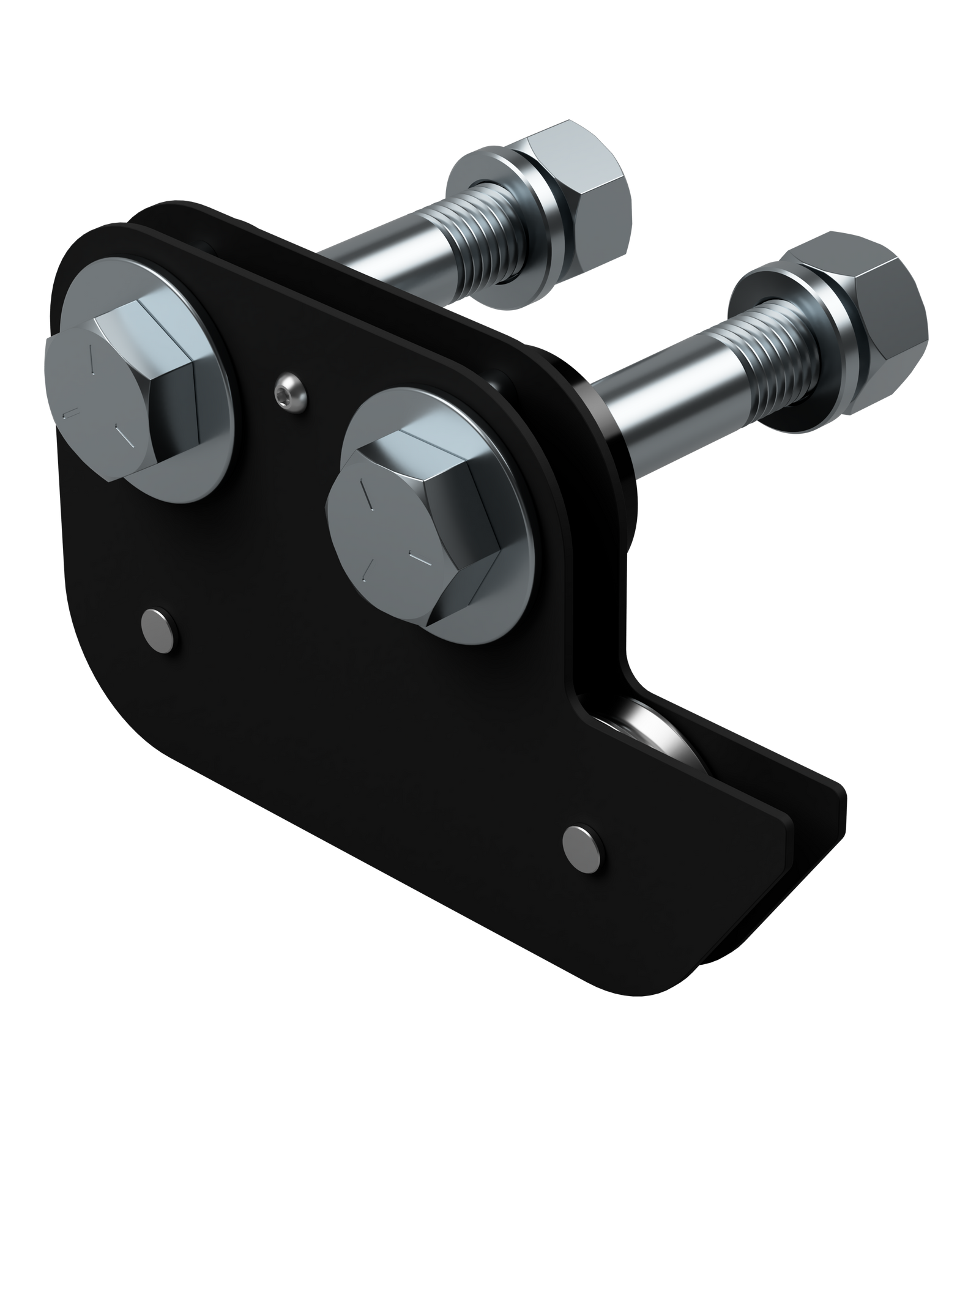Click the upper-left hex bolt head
122,392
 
